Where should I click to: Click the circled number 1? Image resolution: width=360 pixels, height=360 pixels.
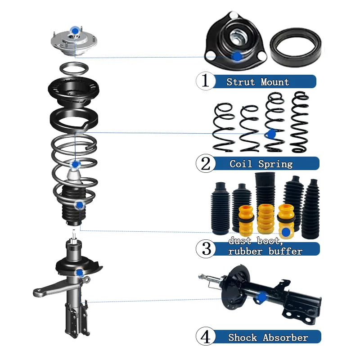(x=206, y=81)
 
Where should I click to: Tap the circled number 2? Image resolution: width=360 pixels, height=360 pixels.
(x=206, y=163)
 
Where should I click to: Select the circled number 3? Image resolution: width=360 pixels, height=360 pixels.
(x=206, y=249)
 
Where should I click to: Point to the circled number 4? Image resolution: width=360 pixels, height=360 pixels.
(x=206, y=337)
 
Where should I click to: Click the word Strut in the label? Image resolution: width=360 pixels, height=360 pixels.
(x=241, y=82)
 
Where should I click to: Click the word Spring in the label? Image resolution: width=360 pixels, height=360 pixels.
(x=275, y=164)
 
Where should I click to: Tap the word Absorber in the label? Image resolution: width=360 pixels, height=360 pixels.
(x=285, y=337)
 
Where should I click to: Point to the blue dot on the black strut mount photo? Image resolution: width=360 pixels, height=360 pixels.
(x=238, y=56)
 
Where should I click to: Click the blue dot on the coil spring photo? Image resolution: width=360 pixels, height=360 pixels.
(x=272, y=134)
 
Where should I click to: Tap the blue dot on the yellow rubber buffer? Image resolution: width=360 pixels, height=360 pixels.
(x=286, y=232)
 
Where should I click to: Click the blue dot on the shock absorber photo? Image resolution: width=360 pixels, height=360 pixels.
(x=261, y=297)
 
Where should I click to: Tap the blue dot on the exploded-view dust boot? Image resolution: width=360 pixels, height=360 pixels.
(x=80, y=205)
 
